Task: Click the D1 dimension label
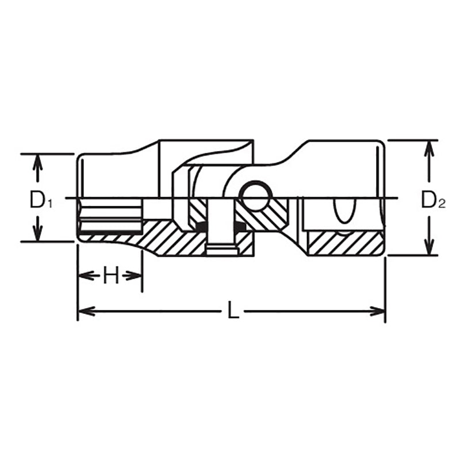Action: [41, 200]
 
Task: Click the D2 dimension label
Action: [434, 200]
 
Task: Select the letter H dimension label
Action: [111, 275]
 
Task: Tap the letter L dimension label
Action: [233, 310]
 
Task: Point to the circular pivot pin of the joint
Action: [255, 196]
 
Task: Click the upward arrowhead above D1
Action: [37, 163]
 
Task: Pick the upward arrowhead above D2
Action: [430, 148]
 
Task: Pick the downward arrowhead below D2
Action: [430, 247]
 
